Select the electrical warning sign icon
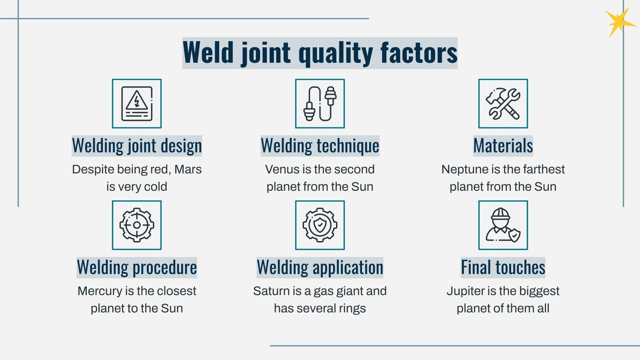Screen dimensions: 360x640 [x=137, y=104]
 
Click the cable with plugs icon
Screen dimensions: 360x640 [x=320, y=104]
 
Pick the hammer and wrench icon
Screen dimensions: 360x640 [x=503, y=104]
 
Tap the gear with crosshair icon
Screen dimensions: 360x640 [x=137, y=225]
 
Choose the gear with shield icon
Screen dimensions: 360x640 [x=320, y=225]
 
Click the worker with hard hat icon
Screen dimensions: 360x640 [x=503, y=225]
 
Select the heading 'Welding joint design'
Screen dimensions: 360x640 [x=137, y=146]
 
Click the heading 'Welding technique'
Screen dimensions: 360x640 [x=320, y=146]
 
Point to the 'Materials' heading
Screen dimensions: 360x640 [x=503, y=146]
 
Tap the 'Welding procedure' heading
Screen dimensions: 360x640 [x=137, y=268]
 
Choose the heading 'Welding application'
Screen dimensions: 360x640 [x=320, y=268]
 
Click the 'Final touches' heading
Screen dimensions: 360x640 [x=503, y=268]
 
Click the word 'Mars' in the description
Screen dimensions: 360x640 [x=188, y=169]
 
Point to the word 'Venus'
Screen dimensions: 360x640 [x=282, y=169]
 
